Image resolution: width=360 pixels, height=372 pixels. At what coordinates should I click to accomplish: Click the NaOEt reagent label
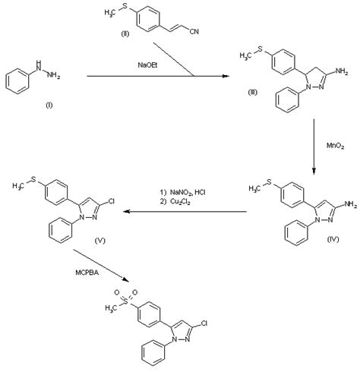pyautogui.click(x=147, y=65)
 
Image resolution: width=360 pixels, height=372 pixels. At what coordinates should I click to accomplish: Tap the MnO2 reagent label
pyautogui.click(x=335, y=146)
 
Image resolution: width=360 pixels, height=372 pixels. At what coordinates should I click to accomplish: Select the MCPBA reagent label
pyautogui.click(x=87, y=273)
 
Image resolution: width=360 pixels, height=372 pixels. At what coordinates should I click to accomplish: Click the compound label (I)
pyautogui.click(x=49, y=106)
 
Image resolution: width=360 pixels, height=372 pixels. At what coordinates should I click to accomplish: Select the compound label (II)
pyautogui.click(x=125, y=33)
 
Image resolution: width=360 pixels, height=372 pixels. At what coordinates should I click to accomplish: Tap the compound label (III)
pyautogui.click(x=252, y=93)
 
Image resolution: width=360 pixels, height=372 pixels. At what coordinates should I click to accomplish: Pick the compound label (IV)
pyautogui.click(x=333, y=239)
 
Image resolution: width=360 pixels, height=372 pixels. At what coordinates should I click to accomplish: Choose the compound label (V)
pyautogui.click(x=99, y=241)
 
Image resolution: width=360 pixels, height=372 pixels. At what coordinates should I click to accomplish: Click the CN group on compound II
pyautogui.click(x=194, y=32)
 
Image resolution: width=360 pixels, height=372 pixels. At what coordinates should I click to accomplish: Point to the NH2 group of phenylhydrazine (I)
pyautogui.click(x=53, y=75)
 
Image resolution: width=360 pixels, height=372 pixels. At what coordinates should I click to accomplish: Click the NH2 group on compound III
pyautogui.click(x=342, y=71)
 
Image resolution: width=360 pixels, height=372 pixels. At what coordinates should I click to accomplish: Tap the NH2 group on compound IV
pyautogui.click(x=350, y=204)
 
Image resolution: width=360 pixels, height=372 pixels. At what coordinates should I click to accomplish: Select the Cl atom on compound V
pyautogui.click(x=111, y=201)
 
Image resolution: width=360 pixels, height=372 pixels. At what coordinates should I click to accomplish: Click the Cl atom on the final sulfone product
pyautogui.click(x=204, y=323)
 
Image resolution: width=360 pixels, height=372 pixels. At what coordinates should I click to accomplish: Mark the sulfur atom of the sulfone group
pyautogui.click(x=126, y=301)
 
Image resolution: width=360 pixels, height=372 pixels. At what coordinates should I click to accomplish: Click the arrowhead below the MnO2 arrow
pyautogui.click(x=314, y=172)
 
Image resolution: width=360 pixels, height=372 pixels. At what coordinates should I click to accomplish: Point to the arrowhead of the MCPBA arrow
pyautogui.click(x=125, y=279)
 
